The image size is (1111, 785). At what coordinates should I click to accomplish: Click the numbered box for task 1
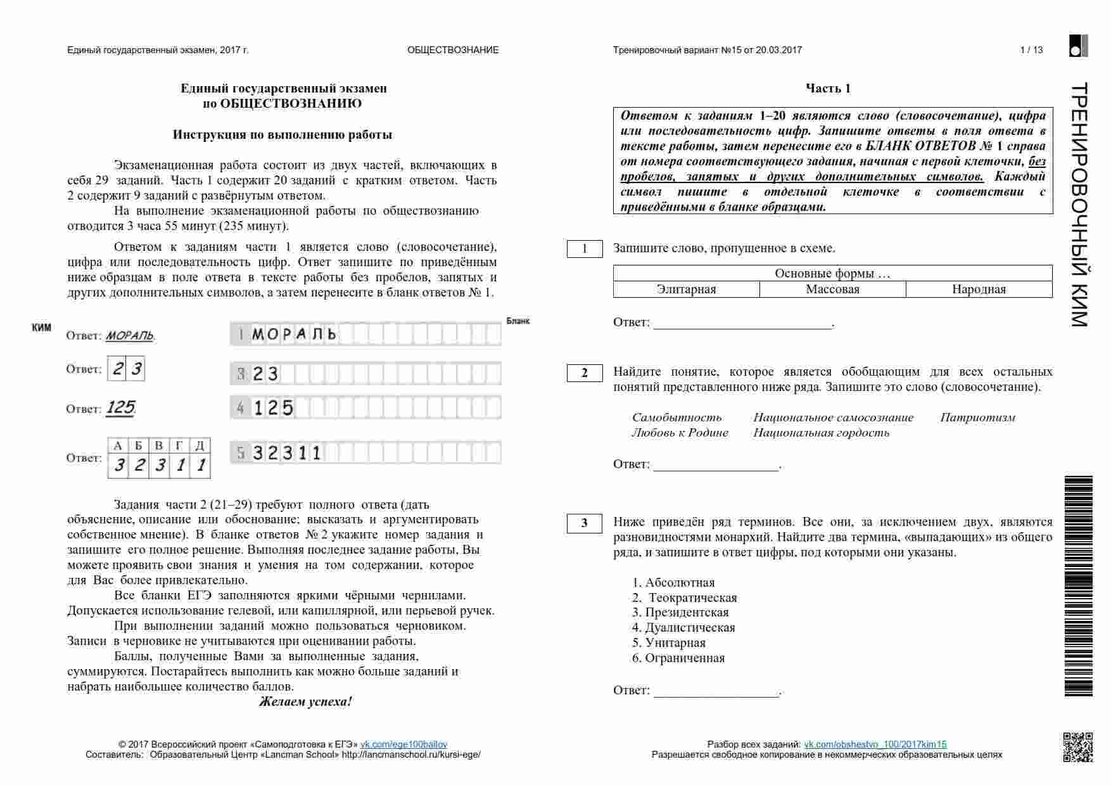tap(584, 248)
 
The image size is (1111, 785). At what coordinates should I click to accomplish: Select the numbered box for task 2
tap(584, 373)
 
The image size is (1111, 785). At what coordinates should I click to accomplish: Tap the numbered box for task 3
tap(584, 523)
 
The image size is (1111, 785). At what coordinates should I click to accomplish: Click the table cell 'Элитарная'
tap(686, 290)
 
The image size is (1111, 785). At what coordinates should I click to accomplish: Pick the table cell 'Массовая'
tap(832, 290)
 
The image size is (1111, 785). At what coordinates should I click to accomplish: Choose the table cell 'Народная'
tap(979, 290)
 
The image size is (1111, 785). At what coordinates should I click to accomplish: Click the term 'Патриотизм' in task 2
tap(977, 418)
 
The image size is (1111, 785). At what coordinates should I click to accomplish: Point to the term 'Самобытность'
tap(676, 418)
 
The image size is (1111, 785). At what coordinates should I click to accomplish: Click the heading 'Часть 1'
tap(828, 89)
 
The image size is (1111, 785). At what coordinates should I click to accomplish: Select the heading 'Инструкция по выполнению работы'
tap(283, 135)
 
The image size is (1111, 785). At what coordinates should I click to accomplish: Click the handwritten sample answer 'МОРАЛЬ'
tap(130, 336)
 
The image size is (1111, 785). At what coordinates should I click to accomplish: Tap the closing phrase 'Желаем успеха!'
tap(305, 702)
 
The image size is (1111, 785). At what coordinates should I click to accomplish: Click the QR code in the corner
tap(1077, 746)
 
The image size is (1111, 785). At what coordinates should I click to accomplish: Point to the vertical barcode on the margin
tap(1078, 586)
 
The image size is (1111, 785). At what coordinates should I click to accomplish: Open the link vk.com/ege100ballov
tap(403, 744)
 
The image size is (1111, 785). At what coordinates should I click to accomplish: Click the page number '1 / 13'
tap(1031, 50)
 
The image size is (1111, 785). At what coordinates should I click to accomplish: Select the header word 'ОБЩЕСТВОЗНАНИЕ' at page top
tap(453, 50)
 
